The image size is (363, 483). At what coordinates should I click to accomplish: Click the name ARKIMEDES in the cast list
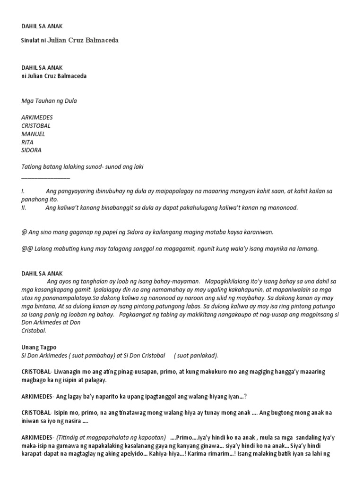(37, 117)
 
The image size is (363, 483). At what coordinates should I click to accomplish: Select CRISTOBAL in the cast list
(36, 125)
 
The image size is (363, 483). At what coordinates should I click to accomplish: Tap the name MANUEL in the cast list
(33, 134)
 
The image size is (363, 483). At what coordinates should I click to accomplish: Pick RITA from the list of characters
(28, 142)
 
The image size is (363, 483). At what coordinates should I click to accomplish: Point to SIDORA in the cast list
(31, 150)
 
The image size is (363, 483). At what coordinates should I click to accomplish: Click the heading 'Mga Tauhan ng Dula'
(49, 100)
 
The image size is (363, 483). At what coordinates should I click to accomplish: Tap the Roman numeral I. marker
(23, 191)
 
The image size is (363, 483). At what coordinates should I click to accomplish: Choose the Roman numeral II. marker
(24, 208)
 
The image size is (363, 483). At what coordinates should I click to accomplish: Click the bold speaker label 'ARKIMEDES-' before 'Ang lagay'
(38, 396)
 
